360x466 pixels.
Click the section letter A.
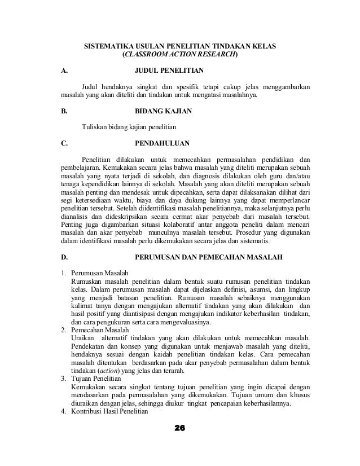click(64, 72)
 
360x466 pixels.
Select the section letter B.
click(64, 112)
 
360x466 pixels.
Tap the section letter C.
click(64, 142)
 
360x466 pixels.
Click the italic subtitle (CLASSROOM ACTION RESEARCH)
click(180, 55)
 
